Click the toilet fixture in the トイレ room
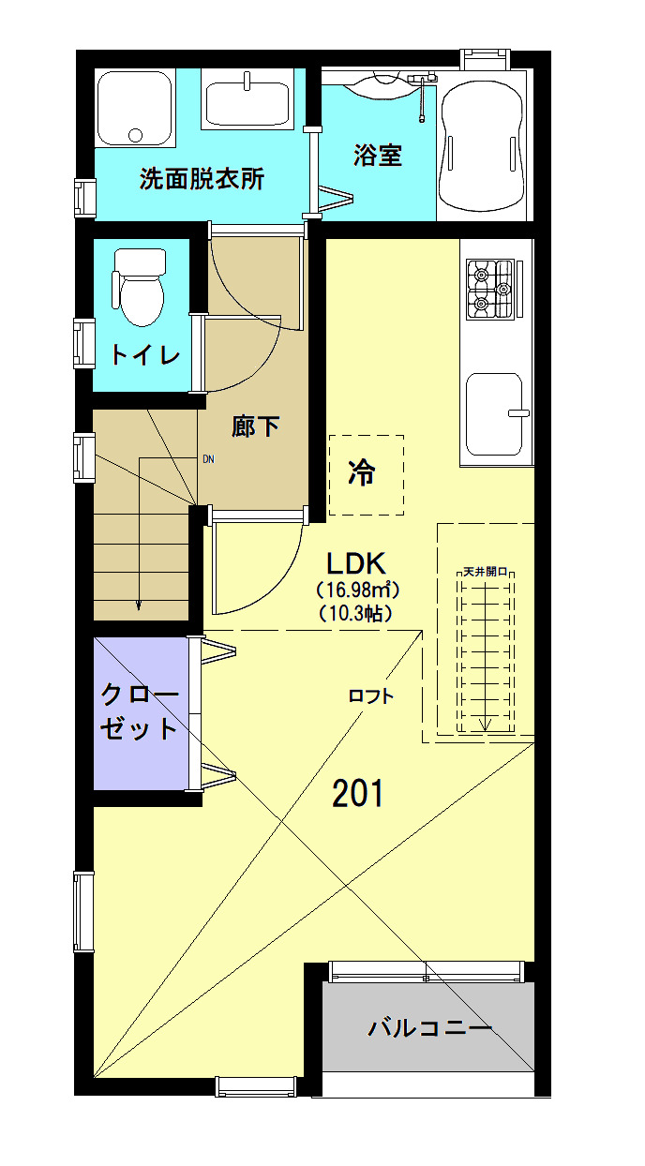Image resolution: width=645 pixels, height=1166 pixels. coord(139,286)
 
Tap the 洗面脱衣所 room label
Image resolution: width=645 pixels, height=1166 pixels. coord(202,179)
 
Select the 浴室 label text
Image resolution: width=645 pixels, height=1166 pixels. coord(378,156)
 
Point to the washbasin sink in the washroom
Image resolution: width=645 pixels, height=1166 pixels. coord(247,103)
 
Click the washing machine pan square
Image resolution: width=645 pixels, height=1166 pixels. coord(135,108)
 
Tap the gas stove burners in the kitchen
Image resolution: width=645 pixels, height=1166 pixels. coord(492,287)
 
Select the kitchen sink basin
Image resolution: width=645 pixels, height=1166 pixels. coord(494,411)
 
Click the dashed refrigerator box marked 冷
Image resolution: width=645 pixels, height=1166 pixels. coord(366,475)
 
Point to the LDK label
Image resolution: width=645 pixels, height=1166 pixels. coord(356,563)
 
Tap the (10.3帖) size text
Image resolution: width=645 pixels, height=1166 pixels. coord(356,614)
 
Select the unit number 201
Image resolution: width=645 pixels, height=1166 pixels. coord(358,794)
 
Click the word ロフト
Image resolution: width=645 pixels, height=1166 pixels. coord(370,695)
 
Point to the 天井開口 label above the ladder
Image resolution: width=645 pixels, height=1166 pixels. coord(485,571)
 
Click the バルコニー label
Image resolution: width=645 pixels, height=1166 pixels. coord(429,1028)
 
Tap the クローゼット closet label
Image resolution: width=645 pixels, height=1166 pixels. coord(140,712)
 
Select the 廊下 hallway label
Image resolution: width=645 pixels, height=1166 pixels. coord(256,427)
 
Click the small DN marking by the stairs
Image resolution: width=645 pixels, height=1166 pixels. coord(208,459)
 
